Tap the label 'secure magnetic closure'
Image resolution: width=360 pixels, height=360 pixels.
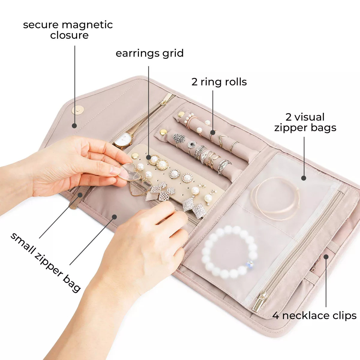click(68, 30)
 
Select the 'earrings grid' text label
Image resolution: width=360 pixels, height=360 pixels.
click(149, 53)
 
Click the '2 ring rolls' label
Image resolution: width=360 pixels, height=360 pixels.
click(219, 82)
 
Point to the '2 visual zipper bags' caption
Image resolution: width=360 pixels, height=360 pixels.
click(305, 122)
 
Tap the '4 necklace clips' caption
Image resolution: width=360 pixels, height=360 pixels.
click(314, 315)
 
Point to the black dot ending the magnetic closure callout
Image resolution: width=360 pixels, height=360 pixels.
click(74, 126)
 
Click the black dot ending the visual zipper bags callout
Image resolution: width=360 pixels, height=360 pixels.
click(304, 178)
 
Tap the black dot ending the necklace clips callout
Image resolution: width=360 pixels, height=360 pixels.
click(326, 256)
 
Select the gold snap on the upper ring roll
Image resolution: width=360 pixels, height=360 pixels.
click(181, 114)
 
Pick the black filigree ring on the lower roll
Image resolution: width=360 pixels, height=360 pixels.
click(179, 138)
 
